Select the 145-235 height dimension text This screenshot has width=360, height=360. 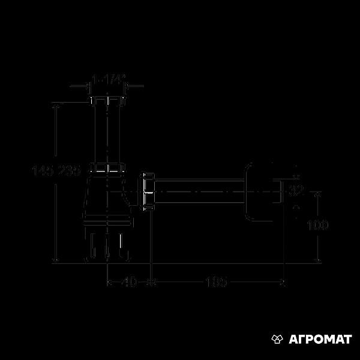tap(56, 171)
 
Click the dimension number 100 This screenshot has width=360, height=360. tap(317, 225)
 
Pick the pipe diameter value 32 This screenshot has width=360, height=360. tap(296, 191)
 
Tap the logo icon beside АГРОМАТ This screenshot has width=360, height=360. tap(277, 340)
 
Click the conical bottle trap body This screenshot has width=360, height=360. tap(108, 198)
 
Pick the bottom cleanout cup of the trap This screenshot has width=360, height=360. tap(108, 243)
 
